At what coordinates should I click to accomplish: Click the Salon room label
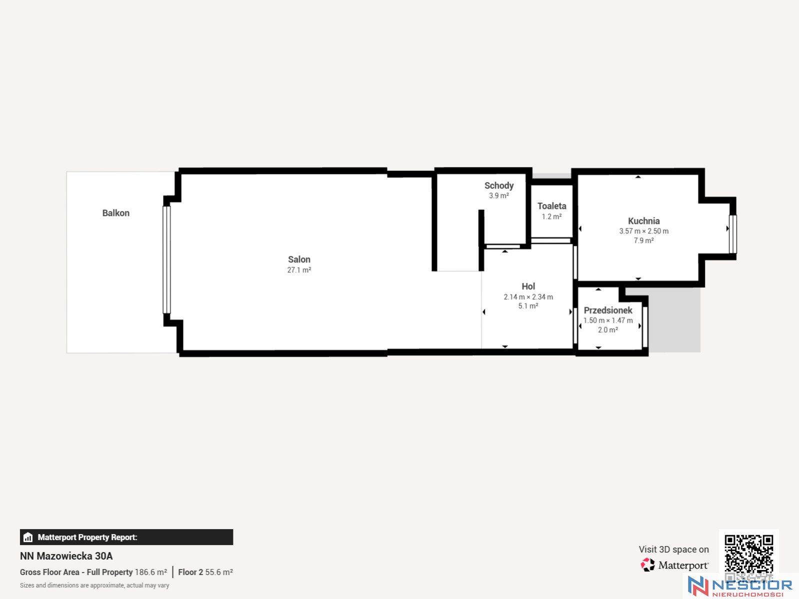(x=299, y=259)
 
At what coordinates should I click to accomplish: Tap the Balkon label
(x=116, y=213)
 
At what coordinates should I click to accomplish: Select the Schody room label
(x=498, y=185)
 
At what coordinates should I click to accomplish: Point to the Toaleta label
(x=551, y=206)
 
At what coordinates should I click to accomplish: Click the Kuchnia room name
(x=643, y=221)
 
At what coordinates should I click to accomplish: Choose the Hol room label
(x=528, y=286)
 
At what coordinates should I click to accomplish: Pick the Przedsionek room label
(x=608, y=310)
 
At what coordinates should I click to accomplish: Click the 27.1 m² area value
(x=299, y=270)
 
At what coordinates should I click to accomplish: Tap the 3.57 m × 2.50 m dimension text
(x=643, y=231)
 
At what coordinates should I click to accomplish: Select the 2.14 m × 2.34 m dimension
(x=528, y=297)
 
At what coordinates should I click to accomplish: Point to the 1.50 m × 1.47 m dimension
(x=608, y=320)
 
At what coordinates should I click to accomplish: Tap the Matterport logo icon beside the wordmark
(x=647, y=565)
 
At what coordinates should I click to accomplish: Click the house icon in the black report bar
(x=28, y=537)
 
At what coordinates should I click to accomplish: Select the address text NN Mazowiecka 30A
(x=66, y=556)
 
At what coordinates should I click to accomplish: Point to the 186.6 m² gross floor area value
(x=150, y=572)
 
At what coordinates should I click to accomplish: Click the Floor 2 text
(x=190, y=572)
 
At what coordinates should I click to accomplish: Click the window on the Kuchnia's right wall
(x=733, y=234)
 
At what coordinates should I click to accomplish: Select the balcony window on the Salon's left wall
(x=166, y=260)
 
